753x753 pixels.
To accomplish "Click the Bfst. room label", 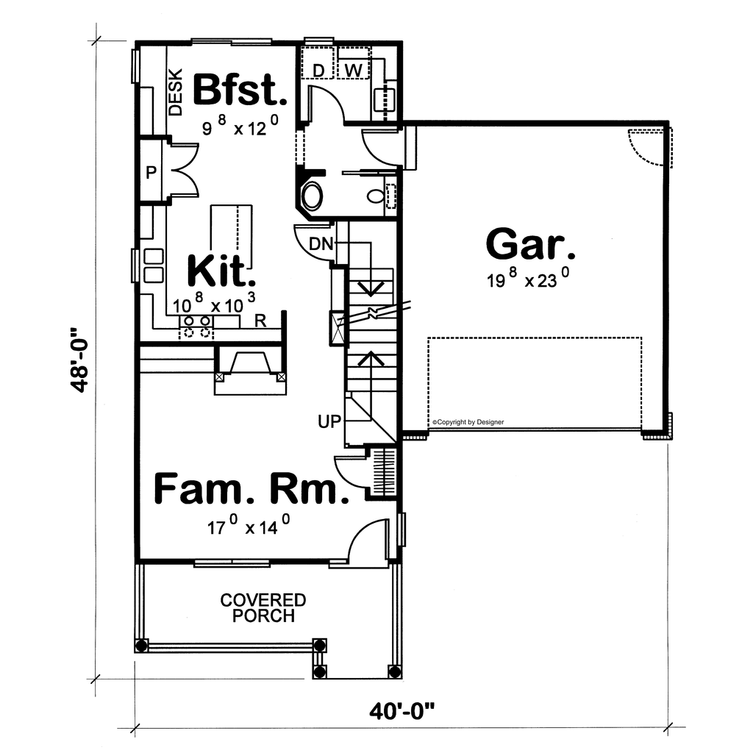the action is (240, 90).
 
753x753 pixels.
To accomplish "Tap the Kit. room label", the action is (221, 271).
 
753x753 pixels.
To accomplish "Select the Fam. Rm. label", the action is (251, 489).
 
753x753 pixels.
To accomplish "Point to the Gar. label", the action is (530, 244).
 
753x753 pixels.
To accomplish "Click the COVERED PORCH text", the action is (263, 608).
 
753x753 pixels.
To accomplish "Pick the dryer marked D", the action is (318, 63).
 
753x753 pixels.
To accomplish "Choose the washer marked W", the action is (354, 63).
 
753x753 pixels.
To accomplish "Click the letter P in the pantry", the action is (151, 172).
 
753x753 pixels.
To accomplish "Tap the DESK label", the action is (176, 92).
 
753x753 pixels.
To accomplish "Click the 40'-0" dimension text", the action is (402, 711).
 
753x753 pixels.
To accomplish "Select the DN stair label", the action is (321, 244).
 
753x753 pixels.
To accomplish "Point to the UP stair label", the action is (329, 421).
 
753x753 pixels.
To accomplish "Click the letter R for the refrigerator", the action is (260, 321).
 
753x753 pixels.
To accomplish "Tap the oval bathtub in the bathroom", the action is (312, 196).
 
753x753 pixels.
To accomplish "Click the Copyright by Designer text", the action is (468, 422).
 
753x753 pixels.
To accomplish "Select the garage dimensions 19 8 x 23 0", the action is (529, 278).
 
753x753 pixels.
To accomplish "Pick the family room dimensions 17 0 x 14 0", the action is (249, 525).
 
